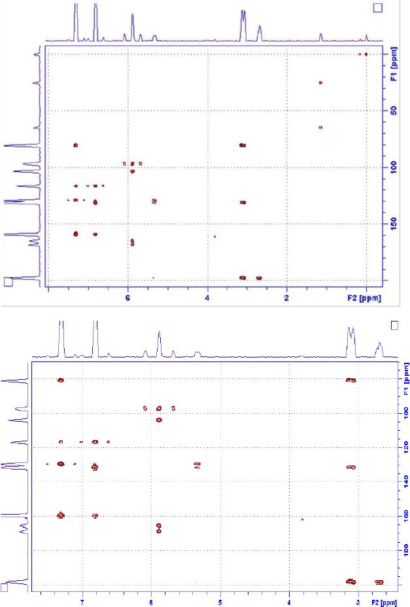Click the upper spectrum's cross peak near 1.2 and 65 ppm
(320, 127)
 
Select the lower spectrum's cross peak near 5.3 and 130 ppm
(197, 465)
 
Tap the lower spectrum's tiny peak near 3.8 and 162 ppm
(302, 519)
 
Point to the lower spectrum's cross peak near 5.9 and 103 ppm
(159, 420)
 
